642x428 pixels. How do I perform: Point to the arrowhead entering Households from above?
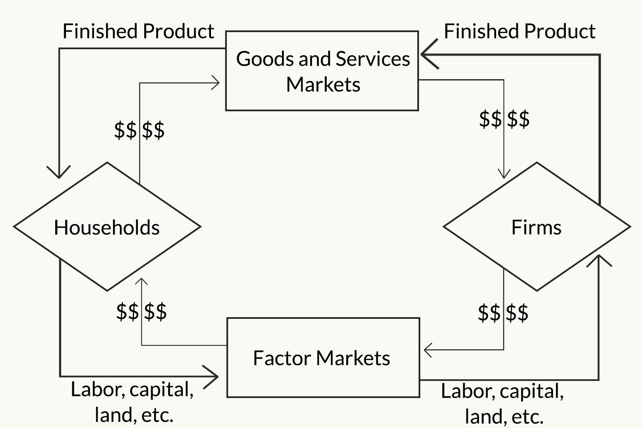[x=59, y=172]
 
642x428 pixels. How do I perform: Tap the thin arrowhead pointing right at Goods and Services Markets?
[x=216, y=83]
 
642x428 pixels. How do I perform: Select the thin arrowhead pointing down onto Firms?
[x=504, y=174]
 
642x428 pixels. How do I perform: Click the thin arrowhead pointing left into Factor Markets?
[x=428, y=350]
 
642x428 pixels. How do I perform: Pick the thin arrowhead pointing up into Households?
[x=141, y=281]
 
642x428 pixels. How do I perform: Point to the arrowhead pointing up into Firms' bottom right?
[x=599, y=260]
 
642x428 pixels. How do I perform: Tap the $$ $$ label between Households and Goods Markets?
[x=139, y=130]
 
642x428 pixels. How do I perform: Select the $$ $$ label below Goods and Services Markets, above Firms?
[x=504, y=119]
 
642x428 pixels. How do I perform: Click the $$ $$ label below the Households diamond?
[x=141, y=311]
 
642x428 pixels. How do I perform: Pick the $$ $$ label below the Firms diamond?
[x=503, y=313]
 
